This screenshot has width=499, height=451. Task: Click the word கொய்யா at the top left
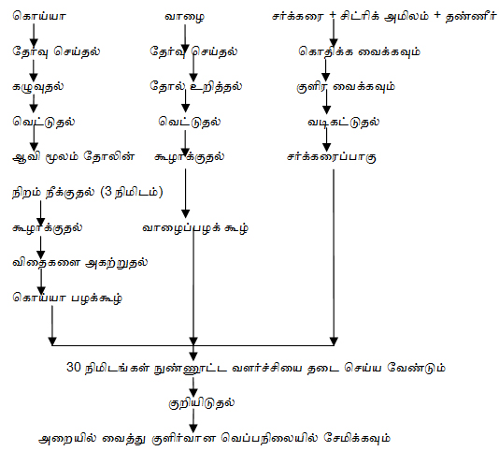(39, 16)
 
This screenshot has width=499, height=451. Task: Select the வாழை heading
(185, 17)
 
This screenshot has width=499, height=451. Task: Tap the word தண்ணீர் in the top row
(471, 16)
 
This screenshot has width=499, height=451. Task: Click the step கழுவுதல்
(38, 87)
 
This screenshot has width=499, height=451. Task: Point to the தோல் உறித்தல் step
(196, 86)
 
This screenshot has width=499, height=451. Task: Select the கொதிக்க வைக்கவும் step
(359, 51)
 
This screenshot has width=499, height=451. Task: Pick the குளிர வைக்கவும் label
(346, 87)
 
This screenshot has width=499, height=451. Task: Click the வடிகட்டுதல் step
(343, 122)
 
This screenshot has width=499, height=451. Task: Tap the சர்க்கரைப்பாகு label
(332, 157)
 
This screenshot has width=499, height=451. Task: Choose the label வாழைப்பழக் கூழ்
(195, 228)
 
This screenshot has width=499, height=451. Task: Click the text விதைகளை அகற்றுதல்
(79, 263)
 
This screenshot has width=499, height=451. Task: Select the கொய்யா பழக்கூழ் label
(67, 298)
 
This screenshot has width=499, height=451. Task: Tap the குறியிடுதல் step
(202, 403)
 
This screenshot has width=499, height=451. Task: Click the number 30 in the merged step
(74, 367)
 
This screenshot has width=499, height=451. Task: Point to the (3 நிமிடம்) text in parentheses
(132, 192)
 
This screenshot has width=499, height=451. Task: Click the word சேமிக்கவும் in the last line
(357, 438)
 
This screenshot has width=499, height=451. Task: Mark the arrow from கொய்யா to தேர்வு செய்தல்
(34, 36)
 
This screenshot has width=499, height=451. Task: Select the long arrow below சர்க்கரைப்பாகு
(334, 257)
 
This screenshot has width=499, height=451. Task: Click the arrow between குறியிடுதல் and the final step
(193, 421)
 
